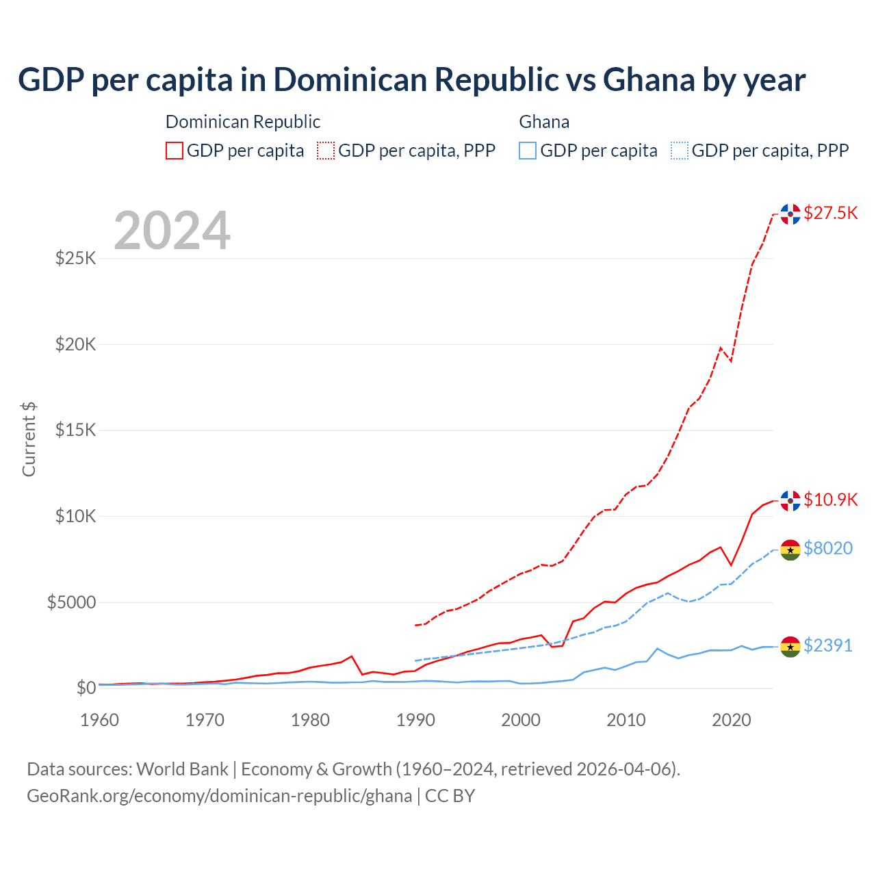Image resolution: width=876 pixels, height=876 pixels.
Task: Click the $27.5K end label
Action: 830,213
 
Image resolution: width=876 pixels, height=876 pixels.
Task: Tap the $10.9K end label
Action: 830,500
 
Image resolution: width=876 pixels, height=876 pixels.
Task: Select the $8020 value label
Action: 827,548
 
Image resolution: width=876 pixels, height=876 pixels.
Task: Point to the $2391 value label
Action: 827,645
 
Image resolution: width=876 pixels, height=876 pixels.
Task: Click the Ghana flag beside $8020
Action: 790,550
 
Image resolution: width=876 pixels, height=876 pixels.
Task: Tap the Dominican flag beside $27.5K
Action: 790,214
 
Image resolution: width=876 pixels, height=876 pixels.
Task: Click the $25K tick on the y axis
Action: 75,259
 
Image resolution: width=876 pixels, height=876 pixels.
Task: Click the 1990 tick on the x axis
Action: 415,720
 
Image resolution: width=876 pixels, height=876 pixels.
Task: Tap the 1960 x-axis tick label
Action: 100,720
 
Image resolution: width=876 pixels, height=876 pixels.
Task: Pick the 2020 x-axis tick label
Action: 732,720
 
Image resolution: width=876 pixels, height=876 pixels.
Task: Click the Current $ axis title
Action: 29,439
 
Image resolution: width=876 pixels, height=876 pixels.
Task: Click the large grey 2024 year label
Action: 172,231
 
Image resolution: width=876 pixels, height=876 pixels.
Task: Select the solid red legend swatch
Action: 175,151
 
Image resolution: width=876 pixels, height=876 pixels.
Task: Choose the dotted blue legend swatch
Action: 680,151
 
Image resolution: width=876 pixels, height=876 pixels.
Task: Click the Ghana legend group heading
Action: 544,122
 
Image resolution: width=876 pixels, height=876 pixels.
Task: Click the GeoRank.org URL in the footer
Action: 219,796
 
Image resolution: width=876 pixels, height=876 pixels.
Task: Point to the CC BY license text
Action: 450,796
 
